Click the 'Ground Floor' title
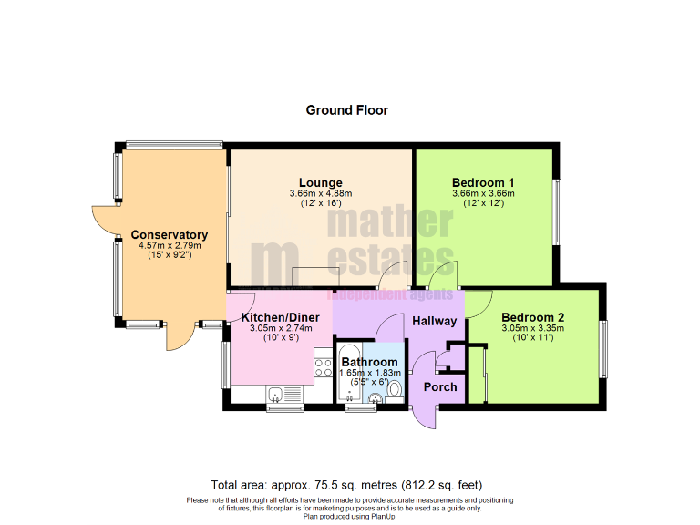coord(346,110)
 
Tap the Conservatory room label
coord(169,235)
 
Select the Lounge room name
coord(320,182)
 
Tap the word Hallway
coord(435,321)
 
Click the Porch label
coord(440,386)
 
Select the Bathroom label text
coord(369,362)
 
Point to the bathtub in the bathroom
coord(348,374)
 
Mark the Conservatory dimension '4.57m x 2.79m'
coord(169,246)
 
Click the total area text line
coord(346,485)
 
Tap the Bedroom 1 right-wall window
coord(558,211)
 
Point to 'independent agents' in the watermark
coord(391,294)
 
